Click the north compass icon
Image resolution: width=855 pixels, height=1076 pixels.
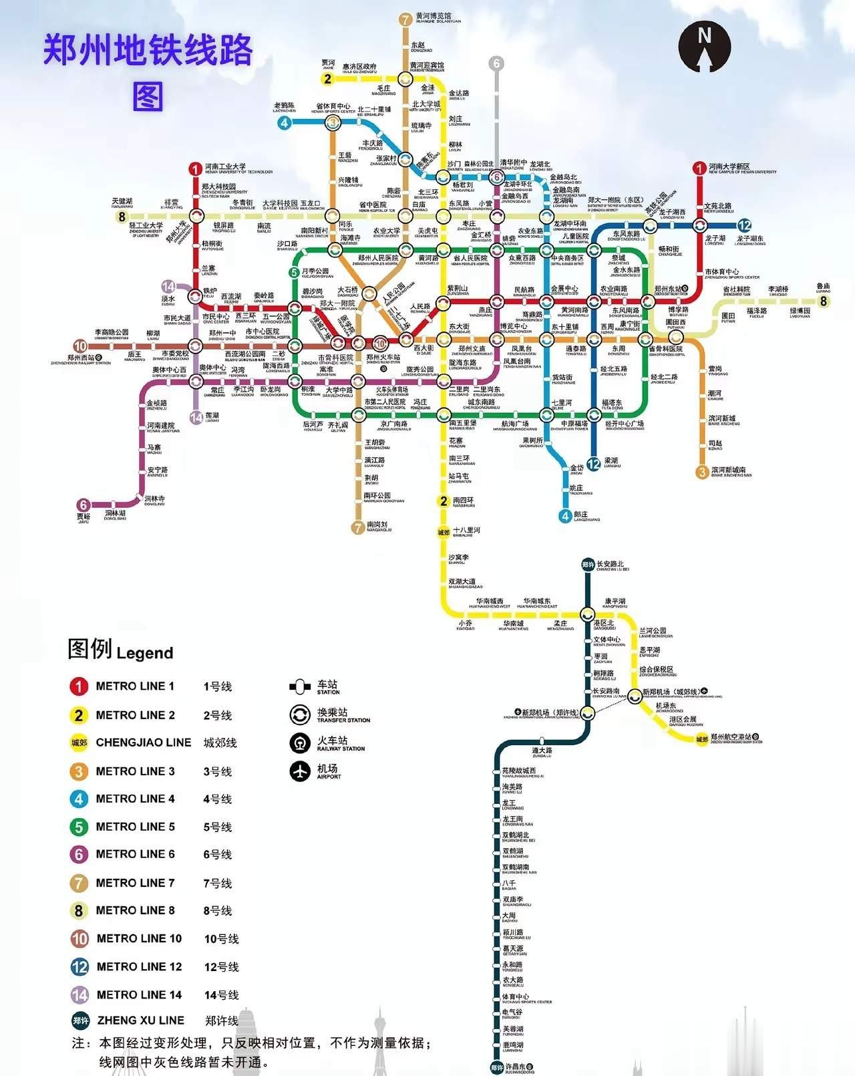pos(704,46)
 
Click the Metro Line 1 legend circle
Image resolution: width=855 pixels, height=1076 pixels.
pos(79,686)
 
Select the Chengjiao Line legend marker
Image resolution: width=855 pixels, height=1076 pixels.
pos(79,743)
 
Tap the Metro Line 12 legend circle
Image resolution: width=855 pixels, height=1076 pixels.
pos(79,966)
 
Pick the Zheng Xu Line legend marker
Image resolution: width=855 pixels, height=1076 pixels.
pos(81,1021)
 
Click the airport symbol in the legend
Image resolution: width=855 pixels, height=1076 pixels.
pos(300,771)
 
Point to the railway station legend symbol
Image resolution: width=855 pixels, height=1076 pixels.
pos(300,743)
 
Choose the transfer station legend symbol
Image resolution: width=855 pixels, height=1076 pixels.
pos(300,714)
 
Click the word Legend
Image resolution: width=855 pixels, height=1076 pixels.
pos(144,653)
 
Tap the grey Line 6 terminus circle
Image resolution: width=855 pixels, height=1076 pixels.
pos(496,63)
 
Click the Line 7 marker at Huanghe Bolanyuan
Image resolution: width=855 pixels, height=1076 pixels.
pos(405,19)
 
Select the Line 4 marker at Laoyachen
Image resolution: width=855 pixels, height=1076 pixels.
pos(285,122)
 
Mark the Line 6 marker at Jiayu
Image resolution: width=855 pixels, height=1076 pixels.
pos(83,505)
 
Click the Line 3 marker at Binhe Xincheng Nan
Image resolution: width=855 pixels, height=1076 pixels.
pos(702,472)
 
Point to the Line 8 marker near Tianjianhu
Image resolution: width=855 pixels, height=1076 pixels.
pos(122,217)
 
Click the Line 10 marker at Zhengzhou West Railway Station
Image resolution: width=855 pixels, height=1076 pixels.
pos(80,346)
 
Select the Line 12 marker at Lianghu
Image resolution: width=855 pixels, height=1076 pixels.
pos(593,464)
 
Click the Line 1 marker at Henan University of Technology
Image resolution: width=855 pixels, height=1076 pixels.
pos(195,168)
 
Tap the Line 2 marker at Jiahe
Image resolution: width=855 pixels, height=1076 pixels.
pos(327,79)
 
